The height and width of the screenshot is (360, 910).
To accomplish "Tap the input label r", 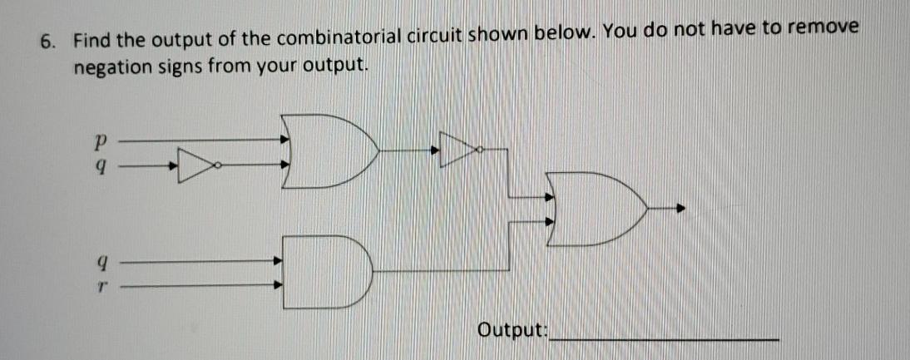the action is [x=101, y=284].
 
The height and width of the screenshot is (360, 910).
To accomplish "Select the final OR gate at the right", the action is [x=595, y=209].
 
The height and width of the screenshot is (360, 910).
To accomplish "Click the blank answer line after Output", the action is [x=665, y=336].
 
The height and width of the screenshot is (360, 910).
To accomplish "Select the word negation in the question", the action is [x=111, y=66].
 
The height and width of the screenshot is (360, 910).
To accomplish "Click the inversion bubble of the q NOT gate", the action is [x=218, y=165].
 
